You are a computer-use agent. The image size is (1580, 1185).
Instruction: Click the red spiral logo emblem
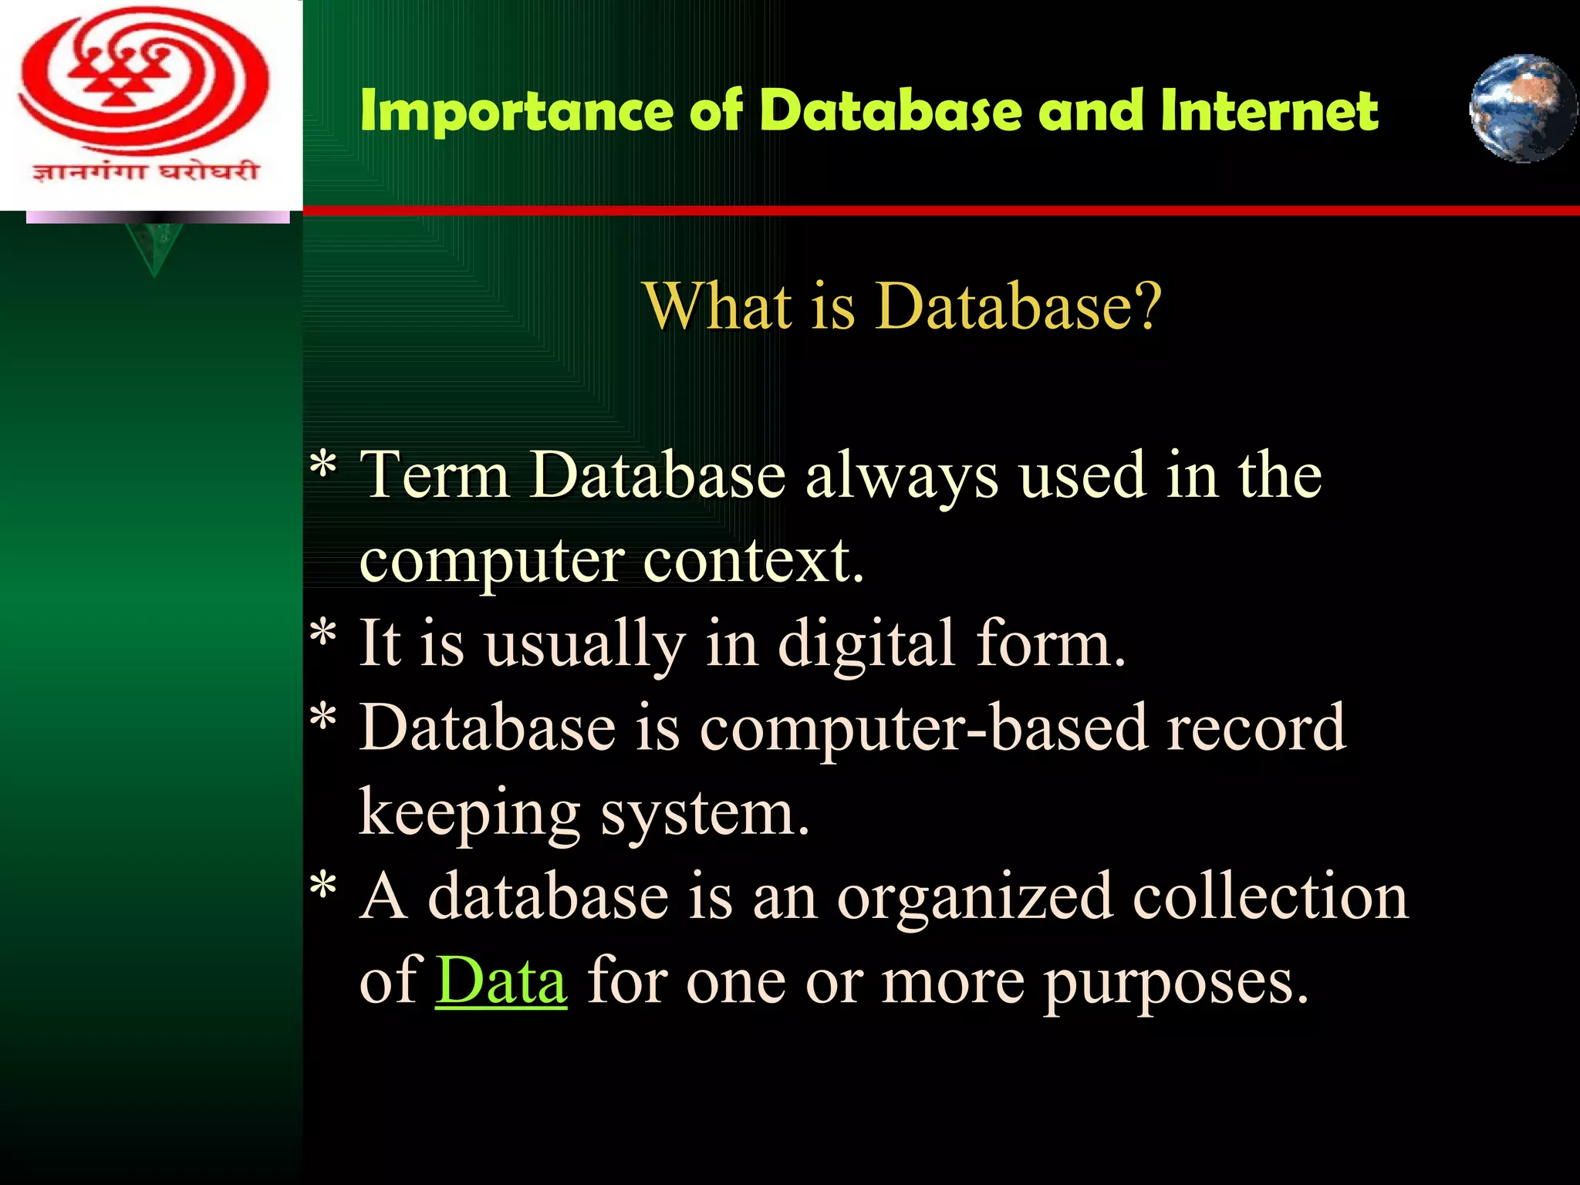tap(144, 81)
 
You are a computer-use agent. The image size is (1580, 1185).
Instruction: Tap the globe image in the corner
tap(1522, 108)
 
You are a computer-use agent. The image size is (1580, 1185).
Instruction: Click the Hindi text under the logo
tap(144, 171)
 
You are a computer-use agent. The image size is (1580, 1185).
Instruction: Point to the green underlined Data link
tap(501, 981)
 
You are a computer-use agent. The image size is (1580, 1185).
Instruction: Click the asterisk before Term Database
tap(323, 467)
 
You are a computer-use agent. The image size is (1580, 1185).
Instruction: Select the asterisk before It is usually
tap(323, 634)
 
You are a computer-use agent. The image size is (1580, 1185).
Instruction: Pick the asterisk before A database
tap(323, 886)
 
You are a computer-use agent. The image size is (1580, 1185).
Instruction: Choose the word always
tap(901, 476)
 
